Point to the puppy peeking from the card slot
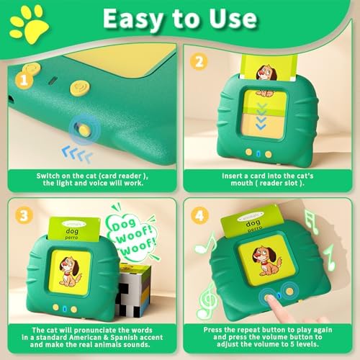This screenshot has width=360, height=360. pos(266,75)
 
